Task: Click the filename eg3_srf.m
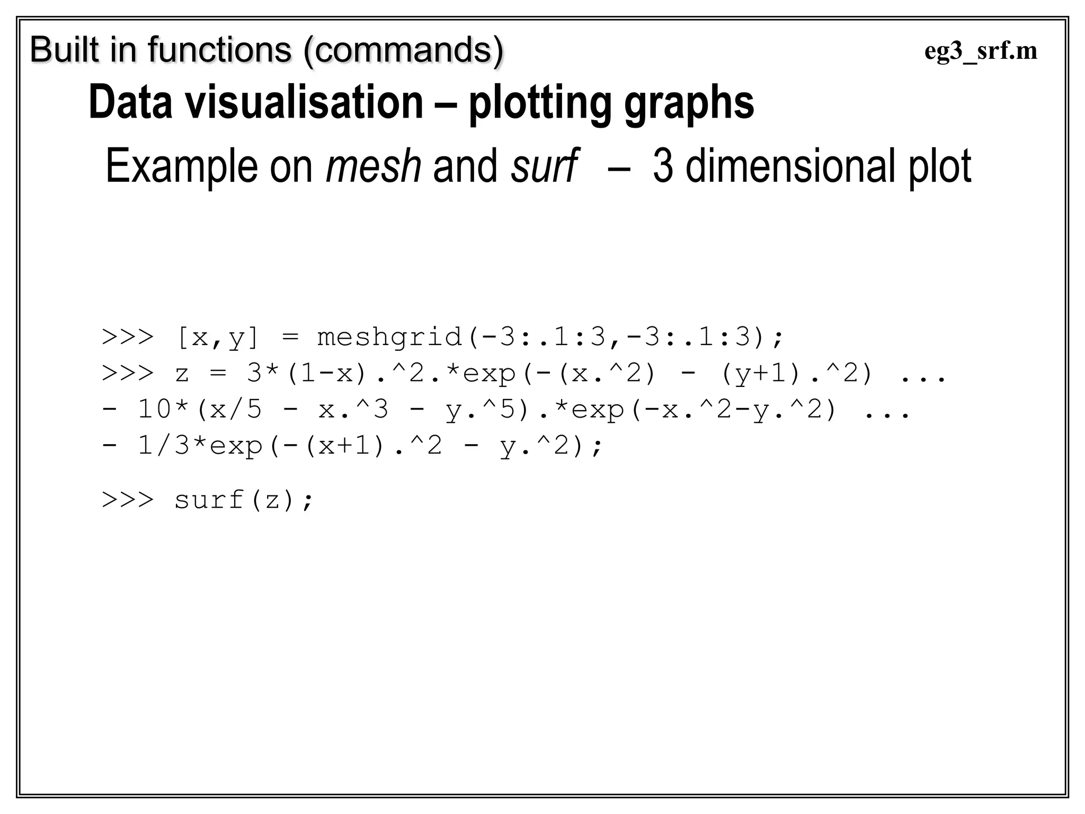(981, 52)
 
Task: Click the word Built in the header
(65, 50)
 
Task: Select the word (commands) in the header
(403, 51)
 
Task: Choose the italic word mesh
(373, 166)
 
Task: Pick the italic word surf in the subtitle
(543, 166)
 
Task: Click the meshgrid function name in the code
(389, 338)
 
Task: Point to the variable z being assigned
(182, 374)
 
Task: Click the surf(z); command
(244, 500)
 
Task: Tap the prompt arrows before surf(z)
(128, 500)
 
